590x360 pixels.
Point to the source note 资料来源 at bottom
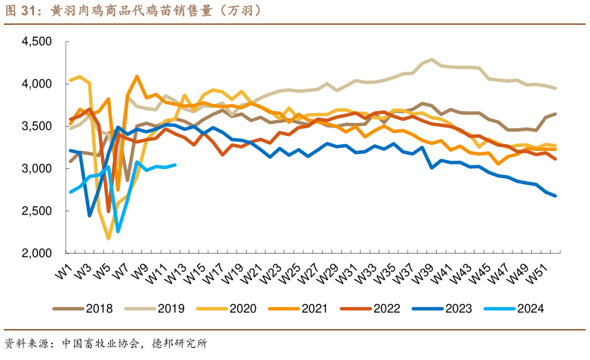tap(106, 343)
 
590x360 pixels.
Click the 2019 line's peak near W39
tap(432, 60)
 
